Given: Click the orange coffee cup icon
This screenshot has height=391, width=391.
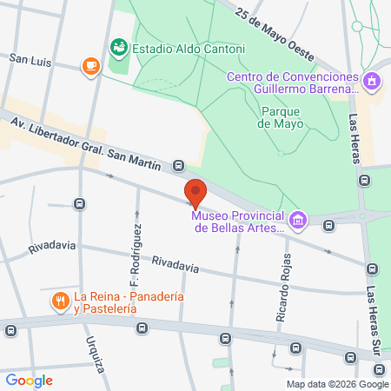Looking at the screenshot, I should click(x=90, y=66).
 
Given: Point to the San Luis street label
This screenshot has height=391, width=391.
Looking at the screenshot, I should click(x=30, y=61).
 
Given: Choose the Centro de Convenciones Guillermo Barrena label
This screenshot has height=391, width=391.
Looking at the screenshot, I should click(x=292, y=82).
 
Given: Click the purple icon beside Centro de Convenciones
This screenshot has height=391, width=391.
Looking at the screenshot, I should click(x=373, y=82).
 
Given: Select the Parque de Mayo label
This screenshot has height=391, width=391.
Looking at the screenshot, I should click(x=282, y=116).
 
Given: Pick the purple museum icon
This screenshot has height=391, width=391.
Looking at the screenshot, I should click(x=298, y=220).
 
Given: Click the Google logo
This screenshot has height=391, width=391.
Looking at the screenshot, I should click(x=29, y=380).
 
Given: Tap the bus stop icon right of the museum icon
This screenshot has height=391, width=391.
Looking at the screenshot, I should click(x=328, y=225).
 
